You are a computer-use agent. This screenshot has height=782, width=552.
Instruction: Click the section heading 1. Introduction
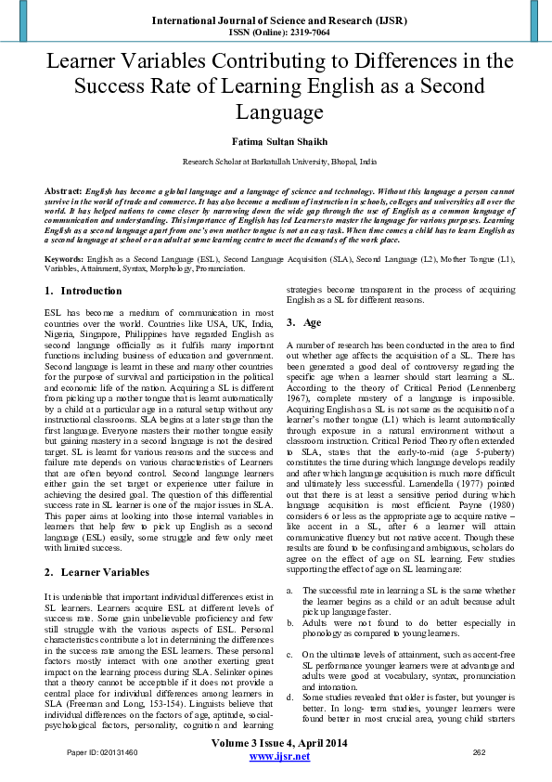(79, 291)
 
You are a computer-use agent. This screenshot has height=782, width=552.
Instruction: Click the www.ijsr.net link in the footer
(279, 758)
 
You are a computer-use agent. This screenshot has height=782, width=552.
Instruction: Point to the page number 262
(480, 752)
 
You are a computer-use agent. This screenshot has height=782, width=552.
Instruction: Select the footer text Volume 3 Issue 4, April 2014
(279, 743)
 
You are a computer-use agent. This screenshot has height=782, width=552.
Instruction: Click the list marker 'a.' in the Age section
(290, 590)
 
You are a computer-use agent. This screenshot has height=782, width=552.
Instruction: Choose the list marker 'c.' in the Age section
(290, 654)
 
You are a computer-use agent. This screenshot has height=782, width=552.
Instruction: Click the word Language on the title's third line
(276, 113)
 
